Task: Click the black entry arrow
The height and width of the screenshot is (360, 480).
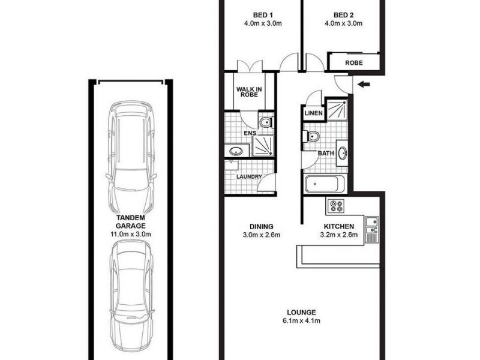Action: tap(364, 85)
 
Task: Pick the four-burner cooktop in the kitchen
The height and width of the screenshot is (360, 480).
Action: tap(335, 207)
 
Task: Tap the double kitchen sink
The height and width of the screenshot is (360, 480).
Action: tap(371, 228)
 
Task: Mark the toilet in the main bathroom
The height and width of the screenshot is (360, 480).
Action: tap(312, 136)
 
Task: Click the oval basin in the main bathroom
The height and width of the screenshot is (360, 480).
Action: tap(342, 153)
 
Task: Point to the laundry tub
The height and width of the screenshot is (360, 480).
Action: tap(233, 166)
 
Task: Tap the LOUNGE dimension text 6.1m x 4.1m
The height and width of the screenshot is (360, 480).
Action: tap(301, 321)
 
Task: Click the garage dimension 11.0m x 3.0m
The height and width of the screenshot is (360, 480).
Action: tap(131, 233)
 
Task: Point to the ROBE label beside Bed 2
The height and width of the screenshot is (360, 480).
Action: tap(354, 62)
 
